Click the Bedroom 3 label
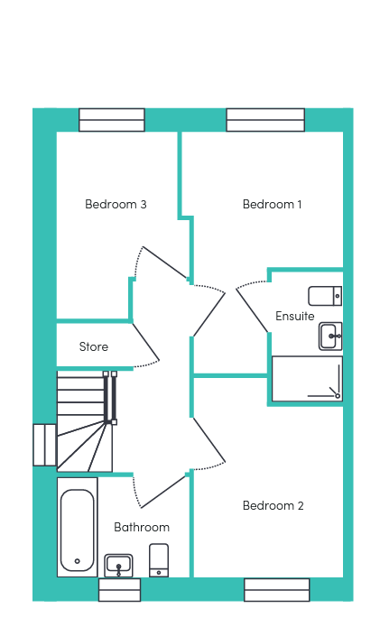tap(116, 204)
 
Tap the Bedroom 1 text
tap(272, 204)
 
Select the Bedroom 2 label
tap(273, 505)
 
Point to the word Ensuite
tap(295, 316)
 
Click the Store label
tap(94, 346)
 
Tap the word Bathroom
tap(142, 527)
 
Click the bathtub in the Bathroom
tap(78, 527)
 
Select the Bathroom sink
tap(118, 566)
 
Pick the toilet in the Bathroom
tap(159, 560)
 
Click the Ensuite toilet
tap(325, 296)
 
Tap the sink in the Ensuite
tap(330, 336)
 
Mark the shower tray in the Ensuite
tap(307, 379)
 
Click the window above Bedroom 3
tap(112, 120)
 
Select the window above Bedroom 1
tap(265, 120)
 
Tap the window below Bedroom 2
tap(277, 590)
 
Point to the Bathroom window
tap(120, 590)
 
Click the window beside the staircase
tap(44, 445)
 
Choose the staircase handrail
tap(110, 398)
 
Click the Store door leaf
tap(146, 342)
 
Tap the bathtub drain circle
tap(78, 561)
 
